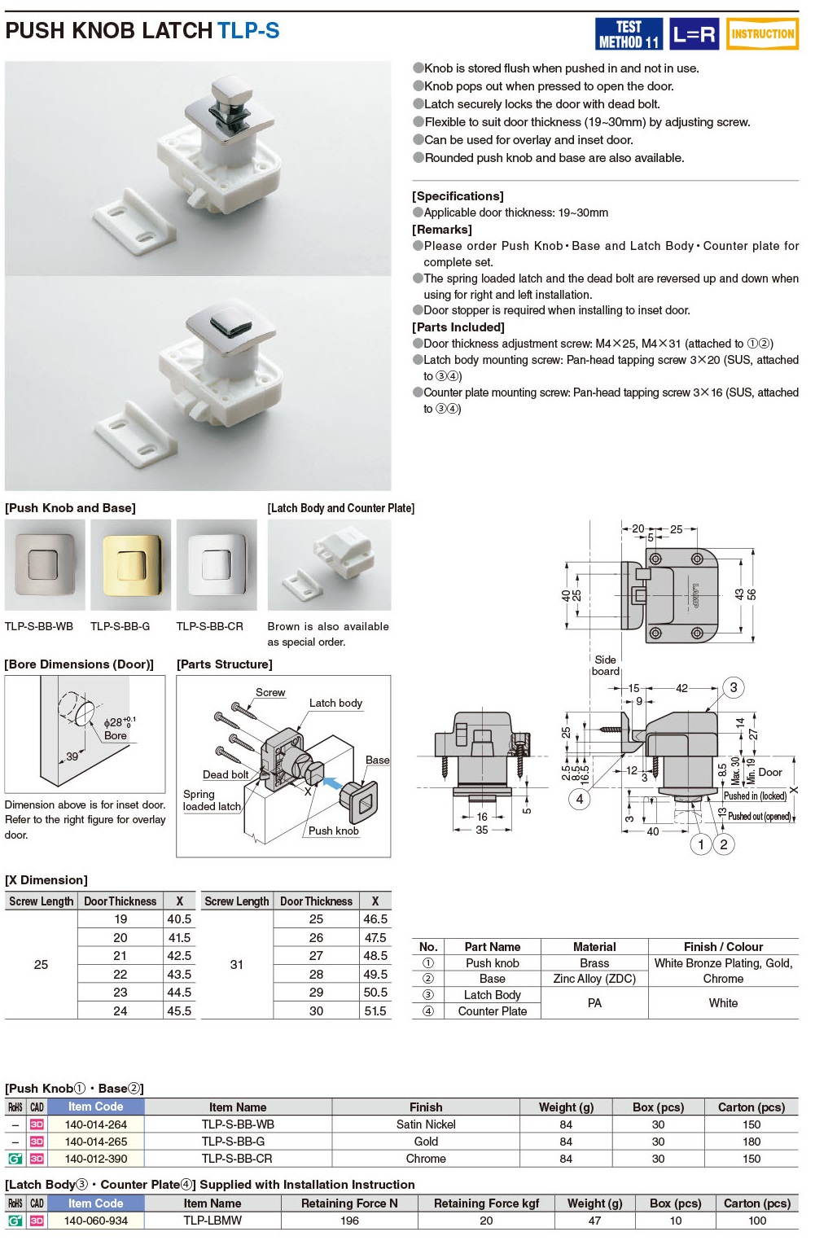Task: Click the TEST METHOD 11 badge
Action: point(629,34)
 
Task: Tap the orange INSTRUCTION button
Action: point(762,34)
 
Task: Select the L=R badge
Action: point(694,34)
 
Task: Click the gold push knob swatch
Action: point(130,564)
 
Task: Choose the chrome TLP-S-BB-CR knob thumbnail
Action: point(217,564)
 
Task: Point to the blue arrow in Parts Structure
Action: point(331,783)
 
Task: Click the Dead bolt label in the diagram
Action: point(226,774)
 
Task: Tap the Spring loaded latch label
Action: point(211,800)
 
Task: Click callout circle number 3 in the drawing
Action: point(733,687)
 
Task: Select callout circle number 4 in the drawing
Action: point(579,799)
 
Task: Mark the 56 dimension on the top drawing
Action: point(751,594)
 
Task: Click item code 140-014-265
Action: point(96,1142)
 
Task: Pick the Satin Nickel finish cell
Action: point(426,1124)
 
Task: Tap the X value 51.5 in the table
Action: point(375,1010)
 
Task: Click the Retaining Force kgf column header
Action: point(486,1203)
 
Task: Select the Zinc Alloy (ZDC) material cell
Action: point(594,979)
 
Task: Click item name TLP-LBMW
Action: point(213,1220)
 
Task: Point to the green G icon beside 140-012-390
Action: point(15,1159)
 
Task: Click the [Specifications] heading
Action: point(458,196)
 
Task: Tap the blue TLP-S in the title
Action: point(248,31)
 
